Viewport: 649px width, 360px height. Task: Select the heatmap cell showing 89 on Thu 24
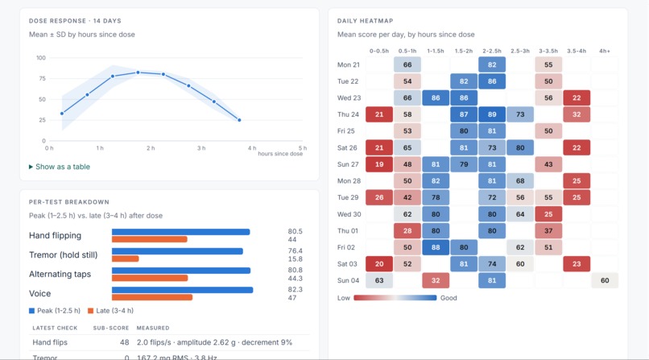(492, 114)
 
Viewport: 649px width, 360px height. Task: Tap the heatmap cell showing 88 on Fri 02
(436, 247)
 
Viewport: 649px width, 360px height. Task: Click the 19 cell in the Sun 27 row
(379, 164)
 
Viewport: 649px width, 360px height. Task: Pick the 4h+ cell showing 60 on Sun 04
(605, 280)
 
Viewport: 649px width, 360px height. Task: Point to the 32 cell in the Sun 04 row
(436, 280)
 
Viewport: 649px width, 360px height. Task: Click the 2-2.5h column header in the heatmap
(492, 51)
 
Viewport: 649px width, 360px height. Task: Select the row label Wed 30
(349, 214)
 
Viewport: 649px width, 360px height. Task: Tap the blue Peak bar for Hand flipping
(181, 232)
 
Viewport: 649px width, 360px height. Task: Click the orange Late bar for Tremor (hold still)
(126, 259)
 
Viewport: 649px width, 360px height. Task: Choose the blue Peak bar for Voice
(183, 290)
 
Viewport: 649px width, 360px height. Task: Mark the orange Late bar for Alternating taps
(150, 278)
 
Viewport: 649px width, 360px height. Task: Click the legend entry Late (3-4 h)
(110, 311)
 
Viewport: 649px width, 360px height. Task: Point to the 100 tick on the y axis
(41, 58)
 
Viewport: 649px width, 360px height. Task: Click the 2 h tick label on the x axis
(151, 148)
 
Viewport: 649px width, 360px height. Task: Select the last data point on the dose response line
(239, 120)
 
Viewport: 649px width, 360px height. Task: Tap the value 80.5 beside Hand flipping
(296, 231)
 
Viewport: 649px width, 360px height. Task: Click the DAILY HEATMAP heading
(365, 21)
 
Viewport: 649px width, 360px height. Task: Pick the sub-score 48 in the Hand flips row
(125, 342)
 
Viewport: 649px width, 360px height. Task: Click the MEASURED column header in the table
(153, 328)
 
